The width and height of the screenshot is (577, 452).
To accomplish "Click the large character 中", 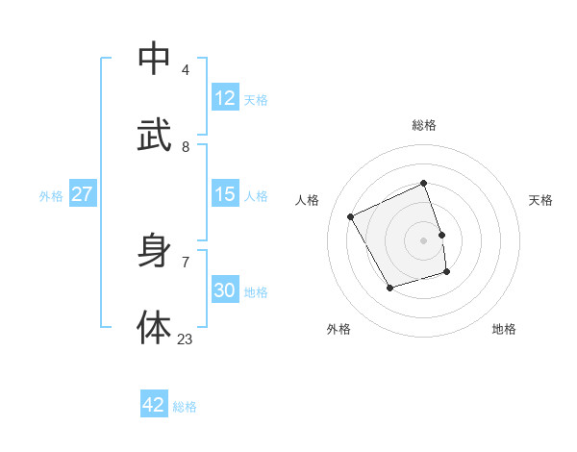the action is tap(154, 59).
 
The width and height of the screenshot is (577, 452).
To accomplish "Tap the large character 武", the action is tap(154, 134).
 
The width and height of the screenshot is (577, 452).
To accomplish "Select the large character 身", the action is tap(154, 252).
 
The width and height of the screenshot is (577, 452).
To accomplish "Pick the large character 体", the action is tap(154, 327).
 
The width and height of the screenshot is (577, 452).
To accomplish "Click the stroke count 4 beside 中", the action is tap(185, 70).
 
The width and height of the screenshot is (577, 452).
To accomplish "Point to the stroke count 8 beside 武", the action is tap(185, 146).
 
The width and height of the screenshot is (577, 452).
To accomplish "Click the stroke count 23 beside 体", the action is tap(185, 339).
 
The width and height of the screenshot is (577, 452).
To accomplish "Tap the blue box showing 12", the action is tap(224, 97).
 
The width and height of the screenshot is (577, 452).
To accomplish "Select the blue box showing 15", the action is tap(224, 194).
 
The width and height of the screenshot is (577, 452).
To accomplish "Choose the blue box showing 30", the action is tap(224, 290).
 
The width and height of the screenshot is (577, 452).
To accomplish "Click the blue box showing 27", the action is tap(82, 194).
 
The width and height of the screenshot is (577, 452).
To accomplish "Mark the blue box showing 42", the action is tap(153, 405).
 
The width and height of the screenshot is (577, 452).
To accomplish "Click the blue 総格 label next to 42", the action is tap(185, 407).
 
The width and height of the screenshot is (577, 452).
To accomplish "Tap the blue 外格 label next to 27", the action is tap(51, 196).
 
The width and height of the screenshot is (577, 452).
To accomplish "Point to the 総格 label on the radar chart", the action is tap(424, 125).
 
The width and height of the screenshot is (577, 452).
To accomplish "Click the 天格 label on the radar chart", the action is tap(540, 200).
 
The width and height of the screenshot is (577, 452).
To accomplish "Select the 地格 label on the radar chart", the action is tap(504, 329).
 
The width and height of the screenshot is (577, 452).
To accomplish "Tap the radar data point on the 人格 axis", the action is tap(351, 217).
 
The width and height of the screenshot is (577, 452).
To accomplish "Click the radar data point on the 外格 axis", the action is tap(389, 288).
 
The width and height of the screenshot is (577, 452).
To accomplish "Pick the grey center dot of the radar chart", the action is tap(424, 240).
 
